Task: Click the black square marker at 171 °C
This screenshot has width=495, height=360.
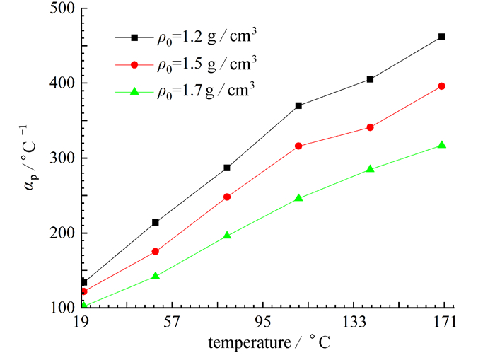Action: click(x=441, y=36)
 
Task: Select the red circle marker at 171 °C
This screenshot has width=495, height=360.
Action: click(x=441, y=86)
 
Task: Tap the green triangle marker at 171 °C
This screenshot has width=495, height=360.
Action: click(x=441, y=145)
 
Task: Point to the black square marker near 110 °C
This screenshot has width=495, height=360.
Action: click(x=298, y=105)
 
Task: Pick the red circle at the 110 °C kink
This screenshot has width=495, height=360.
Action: click(x=298, y=146)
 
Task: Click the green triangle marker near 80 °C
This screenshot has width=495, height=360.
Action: click(x=227, y=235)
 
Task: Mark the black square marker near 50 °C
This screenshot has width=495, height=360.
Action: click(x=156, y=222)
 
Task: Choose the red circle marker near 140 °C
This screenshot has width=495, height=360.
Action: click(x=370, y=127)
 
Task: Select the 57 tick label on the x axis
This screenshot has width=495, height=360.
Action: click(x=171, y=323)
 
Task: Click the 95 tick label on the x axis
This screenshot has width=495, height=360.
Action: click(x=262, y=323)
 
